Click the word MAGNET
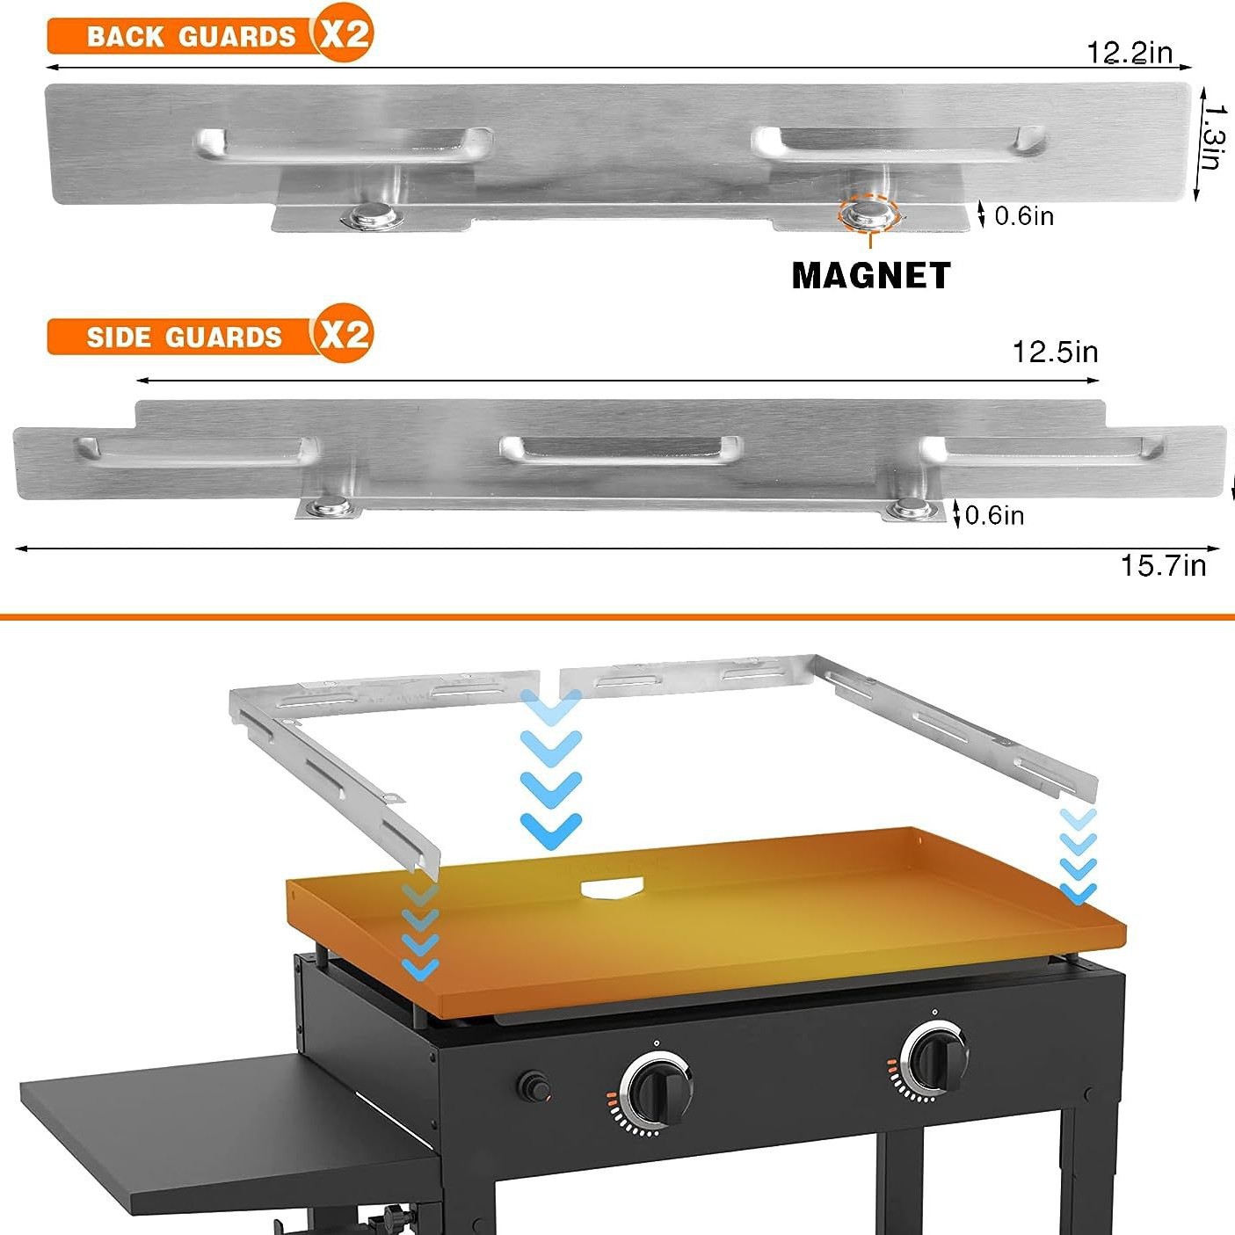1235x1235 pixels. pos(870,276)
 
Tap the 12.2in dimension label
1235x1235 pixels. pos(1130,53)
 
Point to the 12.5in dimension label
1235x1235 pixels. pos(1055,352)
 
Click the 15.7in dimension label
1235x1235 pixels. pos(1162,565)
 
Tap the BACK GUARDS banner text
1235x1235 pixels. pos(191,37)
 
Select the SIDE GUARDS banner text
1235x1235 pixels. pos(184,338)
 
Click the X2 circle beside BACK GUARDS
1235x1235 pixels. pos(344,33)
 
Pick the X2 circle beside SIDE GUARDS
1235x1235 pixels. pos(344,334)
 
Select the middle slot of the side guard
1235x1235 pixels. pos(621,448)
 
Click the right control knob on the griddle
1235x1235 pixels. pos(934,1057)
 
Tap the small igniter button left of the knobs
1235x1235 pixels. pos(533,1086)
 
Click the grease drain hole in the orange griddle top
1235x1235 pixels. pos(613,889)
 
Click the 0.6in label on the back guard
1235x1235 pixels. pos(1024,216)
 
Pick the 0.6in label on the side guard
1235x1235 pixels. pos(994,515)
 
